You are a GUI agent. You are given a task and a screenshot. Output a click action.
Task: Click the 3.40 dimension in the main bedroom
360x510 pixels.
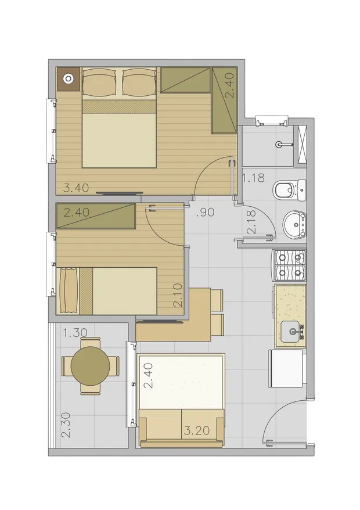pos(75,188)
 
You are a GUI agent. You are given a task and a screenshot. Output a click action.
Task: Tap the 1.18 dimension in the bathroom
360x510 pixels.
pos(253,178)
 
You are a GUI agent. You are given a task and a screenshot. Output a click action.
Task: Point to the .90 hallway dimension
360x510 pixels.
pos(206,213)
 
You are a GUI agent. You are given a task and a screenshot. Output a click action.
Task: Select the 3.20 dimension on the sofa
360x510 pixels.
pos(197,430)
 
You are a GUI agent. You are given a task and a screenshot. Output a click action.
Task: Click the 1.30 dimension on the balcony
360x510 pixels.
pos(75,333)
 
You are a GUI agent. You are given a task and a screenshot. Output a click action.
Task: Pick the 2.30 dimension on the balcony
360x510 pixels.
pos(66,425)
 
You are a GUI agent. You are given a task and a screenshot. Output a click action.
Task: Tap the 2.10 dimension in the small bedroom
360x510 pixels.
pos(178,295)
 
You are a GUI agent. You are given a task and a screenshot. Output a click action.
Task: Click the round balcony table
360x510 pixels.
pos(91,366)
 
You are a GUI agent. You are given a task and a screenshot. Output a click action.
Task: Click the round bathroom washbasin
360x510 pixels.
pos(294,224)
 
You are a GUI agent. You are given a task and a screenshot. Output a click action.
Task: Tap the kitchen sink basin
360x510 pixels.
pos(290,331)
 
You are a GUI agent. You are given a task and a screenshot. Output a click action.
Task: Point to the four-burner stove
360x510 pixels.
pos(289,265)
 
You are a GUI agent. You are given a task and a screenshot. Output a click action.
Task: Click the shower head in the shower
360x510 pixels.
pos(280,144)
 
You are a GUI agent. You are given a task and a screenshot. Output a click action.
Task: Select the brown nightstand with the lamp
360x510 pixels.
pos(69,79)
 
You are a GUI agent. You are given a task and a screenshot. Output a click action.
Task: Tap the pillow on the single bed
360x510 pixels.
pos(69,291)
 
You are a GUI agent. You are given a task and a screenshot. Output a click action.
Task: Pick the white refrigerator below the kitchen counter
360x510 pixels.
pos(287,368)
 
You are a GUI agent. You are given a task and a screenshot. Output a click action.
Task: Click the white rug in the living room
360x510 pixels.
pos(181,381)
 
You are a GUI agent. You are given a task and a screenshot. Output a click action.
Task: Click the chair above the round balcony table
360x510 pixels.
pos(91,343)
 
